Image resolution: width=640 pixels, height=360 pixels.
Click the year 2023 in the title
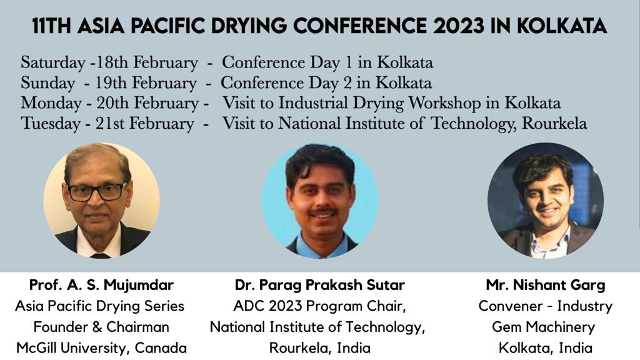(x=458, y=26)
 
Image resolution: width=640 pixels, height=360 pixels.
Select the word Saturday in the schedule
(x=53, y=63)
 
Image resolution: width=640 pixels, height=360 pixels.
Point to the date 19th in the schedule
(x=111, y=83)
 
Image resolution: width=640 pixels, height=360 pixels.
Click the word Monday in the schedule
(x=51, y=103)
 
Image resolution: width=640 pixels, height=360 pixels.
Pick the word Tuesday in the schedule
(x=51, y=124)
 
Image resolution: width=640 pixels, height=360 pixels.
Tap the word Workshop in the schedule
(x=445, y=103)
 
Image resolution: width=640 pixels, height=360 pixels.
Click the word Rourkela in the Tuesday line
(x=555, y=123)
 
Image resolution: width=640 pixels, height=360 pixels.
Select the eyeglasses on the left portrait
(x=97, y=191)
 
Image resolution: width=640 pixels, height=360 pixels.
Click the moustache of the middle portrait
(x=323, y=212)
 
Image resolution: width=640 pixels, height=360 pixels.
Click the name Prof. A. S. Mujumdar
(x=101, y=285)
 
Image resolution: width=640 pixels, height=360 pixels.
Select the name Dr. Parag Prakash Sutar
(x=319, y=285)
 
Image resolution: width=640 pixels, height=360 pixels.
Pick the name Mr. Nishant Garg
(x=545, y=285)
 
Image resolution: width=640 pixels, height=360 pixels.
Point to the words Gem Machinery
(x=543, y=327)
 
